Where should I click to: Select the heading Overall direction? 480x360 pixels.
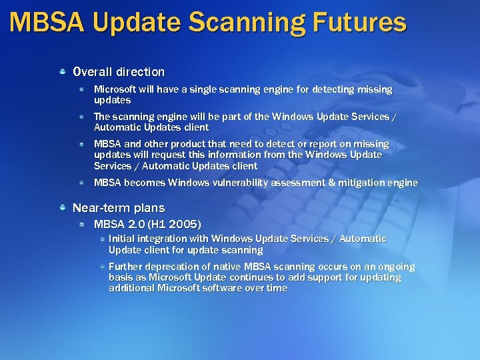tap(118, 71)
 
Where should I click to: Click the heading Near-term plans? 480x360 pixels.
tap(118, 207)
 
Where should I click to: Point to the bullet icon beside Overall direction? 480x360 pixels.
tap(63, 71)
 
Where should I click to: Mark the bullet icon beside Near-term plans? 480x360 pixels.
tap(63, 207)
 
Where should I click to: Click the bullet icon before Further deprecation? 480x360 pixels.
tap(102, 266)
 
